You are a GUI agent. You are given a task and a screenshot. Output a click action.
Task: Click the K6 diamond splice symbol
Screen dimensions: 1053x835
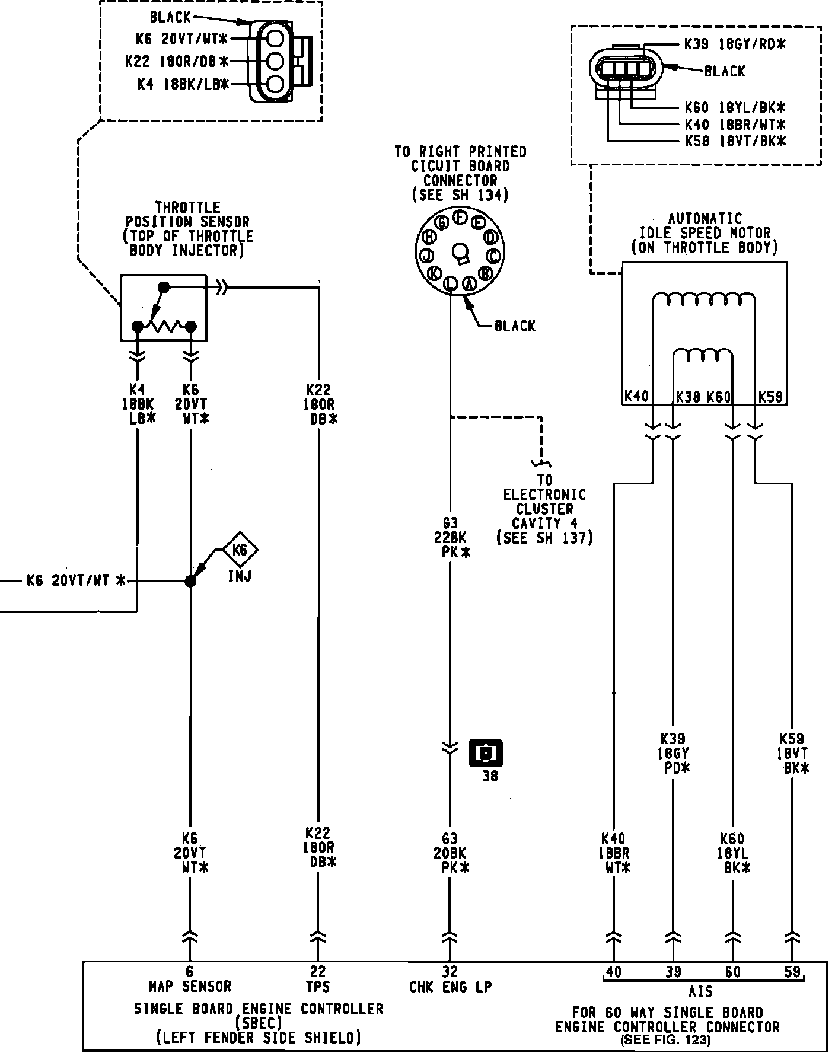[x=240, y=550]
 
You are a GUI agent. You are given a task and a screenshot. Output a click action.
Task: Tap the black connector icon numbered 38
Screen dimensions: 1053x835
[x=486, y=753]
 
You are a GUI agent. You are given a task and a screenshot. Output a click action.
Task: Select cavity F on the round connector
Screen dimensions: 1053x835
[x=460, y=217]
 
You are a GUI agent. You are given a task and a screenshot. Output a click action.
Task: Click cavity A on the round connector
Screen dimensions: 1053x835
[x=469, y=284]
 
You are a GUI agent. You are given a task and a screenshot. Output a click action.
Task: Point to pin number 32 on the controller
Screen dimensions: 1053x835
[x=450, y=972]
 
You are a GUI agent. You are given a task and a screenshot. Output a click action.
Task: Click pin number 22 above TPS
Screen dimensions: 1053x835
[x=318, y=972]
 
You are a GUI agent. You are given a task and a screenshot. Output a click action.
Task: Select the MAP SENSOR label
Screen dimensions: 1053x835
[x=190, y=987]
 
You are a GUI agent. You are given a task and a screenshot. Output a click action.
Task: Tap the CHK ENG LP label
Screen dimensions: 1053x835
[x=450, y=987]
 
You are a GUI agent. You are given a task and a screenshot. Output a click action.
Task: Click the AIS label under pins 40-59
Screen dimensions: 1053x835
[x=700, y=991]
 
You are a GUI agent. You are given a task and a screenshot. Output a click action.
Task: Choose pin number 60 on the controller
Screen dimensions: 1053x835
[x=733, y=972]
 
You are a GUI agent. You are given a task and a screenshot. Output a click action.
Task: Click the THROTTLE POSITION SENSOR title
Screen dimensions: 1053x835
[x=187, y=229]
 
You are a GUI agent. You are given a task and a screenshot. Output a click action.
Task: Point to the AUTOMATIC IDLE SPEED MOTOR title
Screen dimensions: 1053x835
[x=705, y=233]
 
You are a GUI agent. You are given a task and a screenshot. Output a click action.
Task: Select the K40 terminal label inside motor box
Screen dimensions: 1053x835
[x=636, y=396]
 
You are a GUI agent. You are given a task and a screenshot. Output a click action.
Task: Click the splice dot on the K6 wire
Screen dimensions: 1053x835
[x=190, y=581]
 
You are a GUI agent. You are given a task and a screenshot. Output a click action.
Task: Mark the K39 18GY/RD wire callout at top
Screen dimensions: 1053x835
[x=734, y=44]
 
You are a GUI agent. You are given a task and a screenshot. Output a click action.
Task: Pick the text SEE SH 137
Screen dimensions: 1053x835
[x=544, y=538]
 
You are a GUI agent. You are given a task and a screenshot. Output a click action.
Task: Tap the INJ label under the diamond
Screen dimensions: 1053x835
[x=240, y=575]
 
